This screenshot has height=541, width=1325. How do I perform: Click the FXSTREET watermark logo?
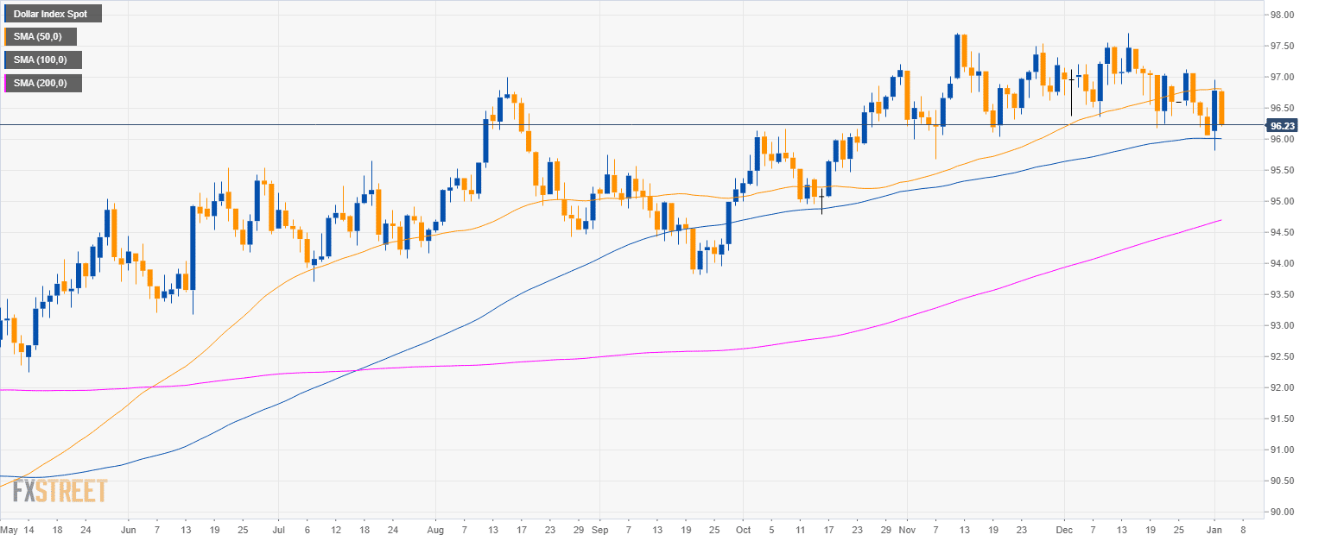pyautogui.click(x=60, y=491)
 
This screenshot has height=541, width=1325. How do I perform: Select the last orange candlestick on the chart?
pyautogui.click(x=1221, y=108)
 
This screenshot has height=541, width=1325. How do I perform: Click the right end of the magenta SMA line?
pyautogui.click(x=1220, y=220)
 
